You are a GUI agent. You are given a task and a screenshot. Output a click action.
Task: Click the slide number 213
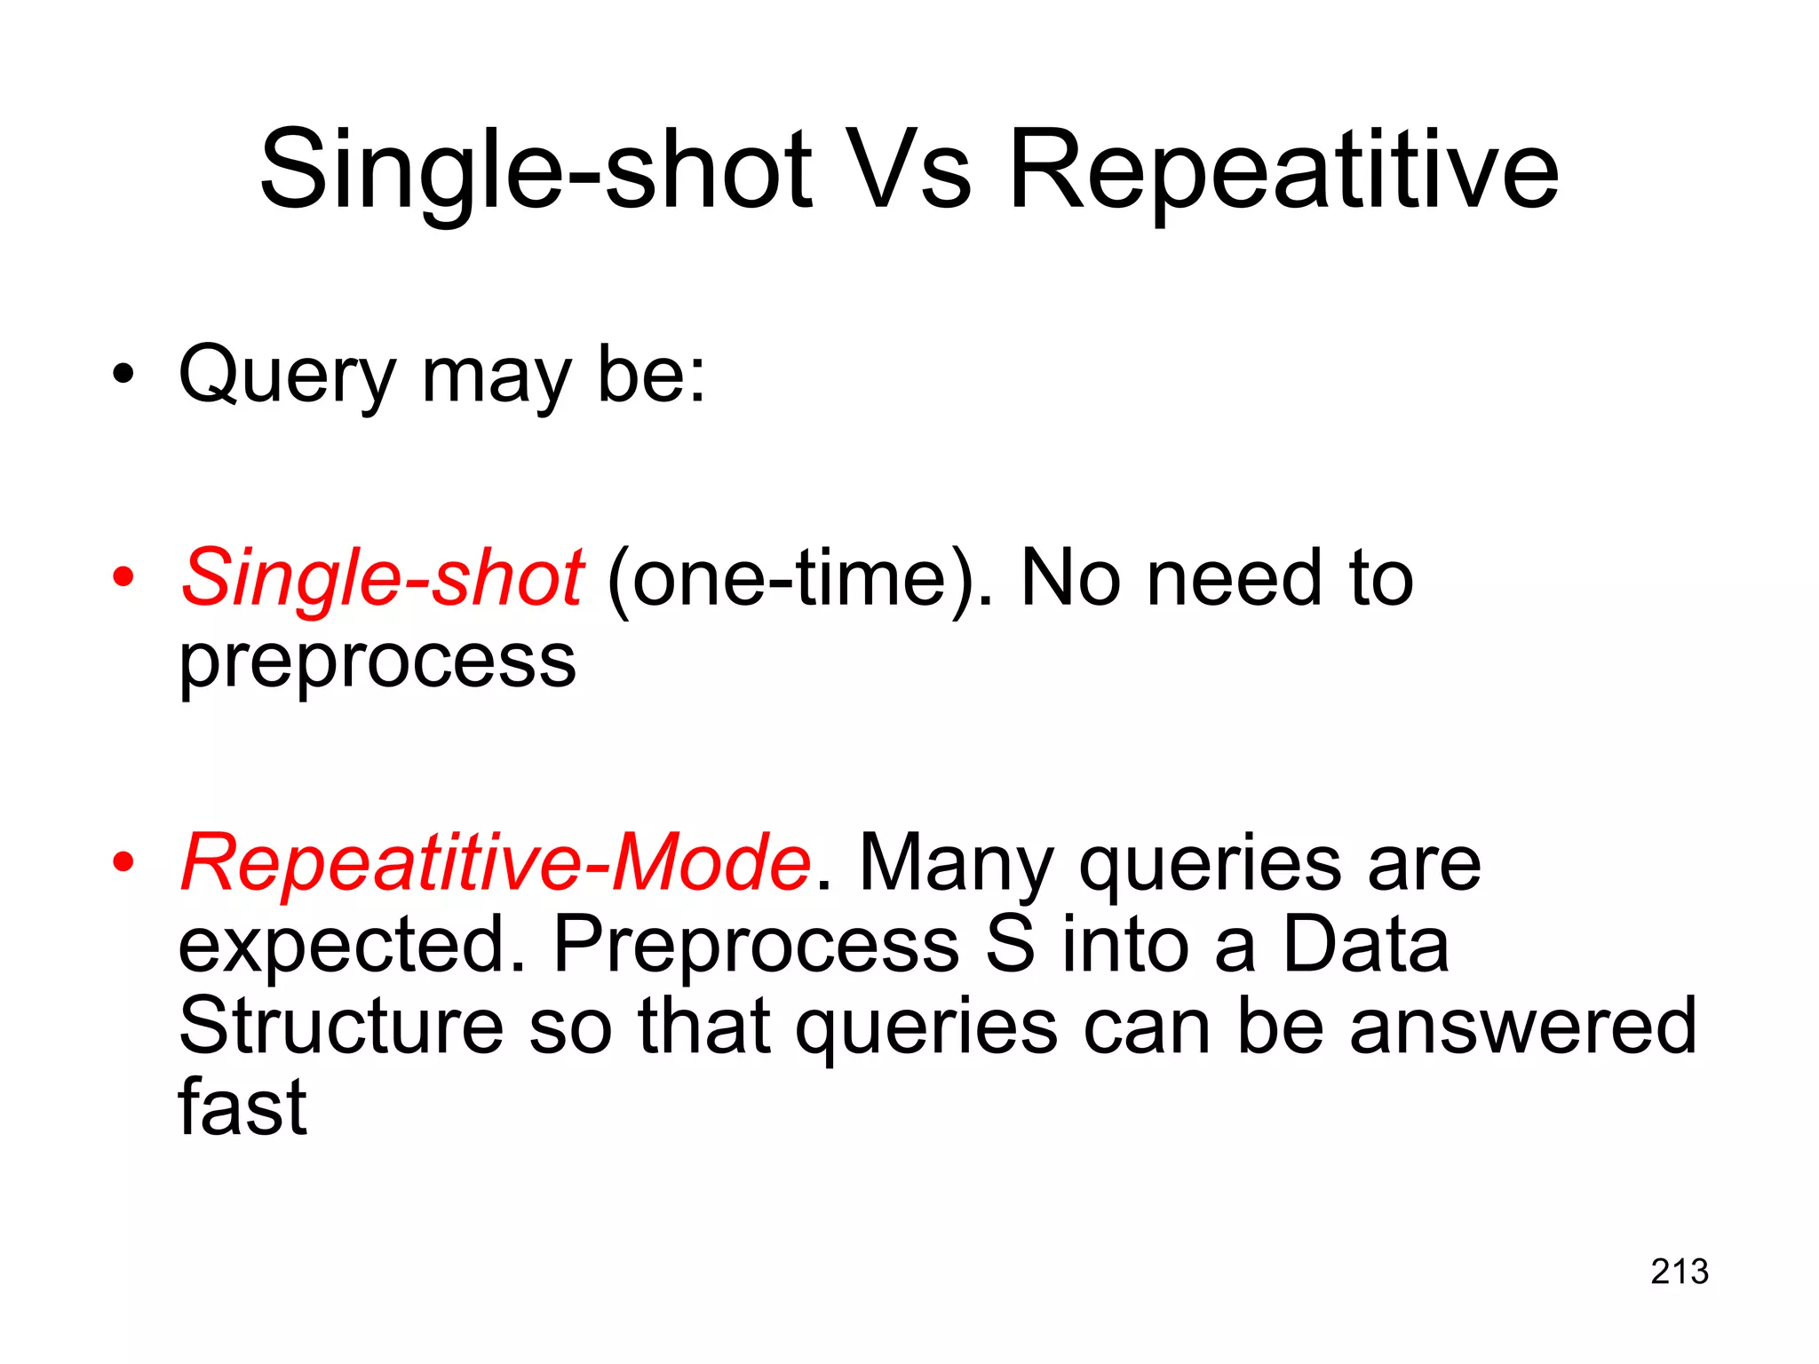[x=1680, y=1272]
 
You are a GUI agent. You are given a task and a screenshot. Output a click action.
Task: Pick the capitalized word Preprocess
[x=756, y=945]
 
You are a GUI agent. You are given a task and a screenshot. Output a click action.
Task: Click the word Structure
[x=341, y=1027]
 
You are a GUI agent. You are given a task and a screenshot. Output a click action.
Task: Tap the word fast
[x=242, y=1108]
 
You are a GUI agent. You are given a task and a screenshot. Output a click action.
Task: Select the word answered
[x=1522, y=1027]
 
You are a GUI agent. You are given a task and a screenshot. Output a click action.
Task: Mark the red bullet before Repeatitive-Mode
[x=123, y=862]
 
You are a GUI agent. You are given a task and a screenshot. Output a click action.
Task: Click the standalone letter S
[x=1010, y=945]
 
